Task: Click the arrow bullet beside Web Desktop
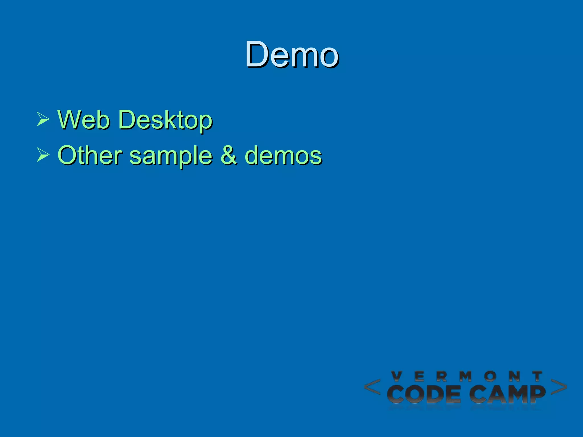coord(43,119)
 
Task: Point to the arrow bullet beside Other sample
coord(43,155)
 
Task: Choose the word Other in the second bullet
coord(90,155)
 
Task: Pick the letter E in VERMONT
coord(420,376)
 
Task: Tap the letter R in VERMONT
coord(442,376)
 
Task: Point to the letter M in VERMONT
coord(466,376)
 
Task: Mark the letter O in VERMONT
coord(490,376)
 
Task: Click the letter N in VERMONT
coord(514,376)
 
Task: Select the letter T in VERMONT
coord(537,376)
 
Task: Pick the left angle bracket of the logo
coord(372,387)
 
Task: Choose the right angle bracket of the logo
coord(559,387)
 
